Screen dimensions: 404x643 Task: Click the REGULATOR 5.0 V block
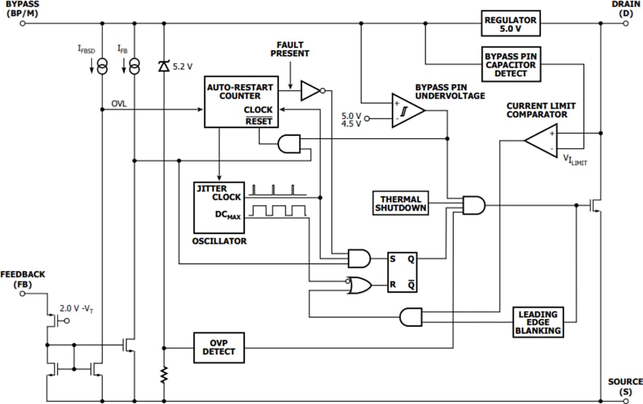coord(510,24)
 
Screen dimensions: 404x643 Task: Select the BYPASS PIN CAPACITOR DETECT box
coord(510,64)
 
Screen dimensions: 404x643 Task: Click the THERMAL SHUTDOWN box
coord(401,203)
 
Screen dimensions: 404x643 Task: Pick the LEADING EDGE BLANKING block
coord(538,322)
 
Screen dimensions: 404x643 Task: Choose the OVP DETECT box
coord(219,347)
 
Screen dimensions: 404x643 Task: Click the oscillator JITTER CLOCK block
coord(219,207)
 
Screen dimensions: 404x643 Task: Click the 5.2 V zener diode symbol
coord(164,66)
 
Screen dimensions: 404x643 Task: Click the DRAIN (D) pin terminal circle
coord(626,24)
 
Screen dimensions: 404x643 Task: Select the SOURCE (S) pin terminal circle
coord(626,400)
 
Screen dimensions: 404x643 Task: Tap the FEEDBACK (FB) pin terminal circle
coord(23,293)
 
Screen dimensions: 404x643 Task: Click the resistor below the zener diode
coord(164,374)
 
